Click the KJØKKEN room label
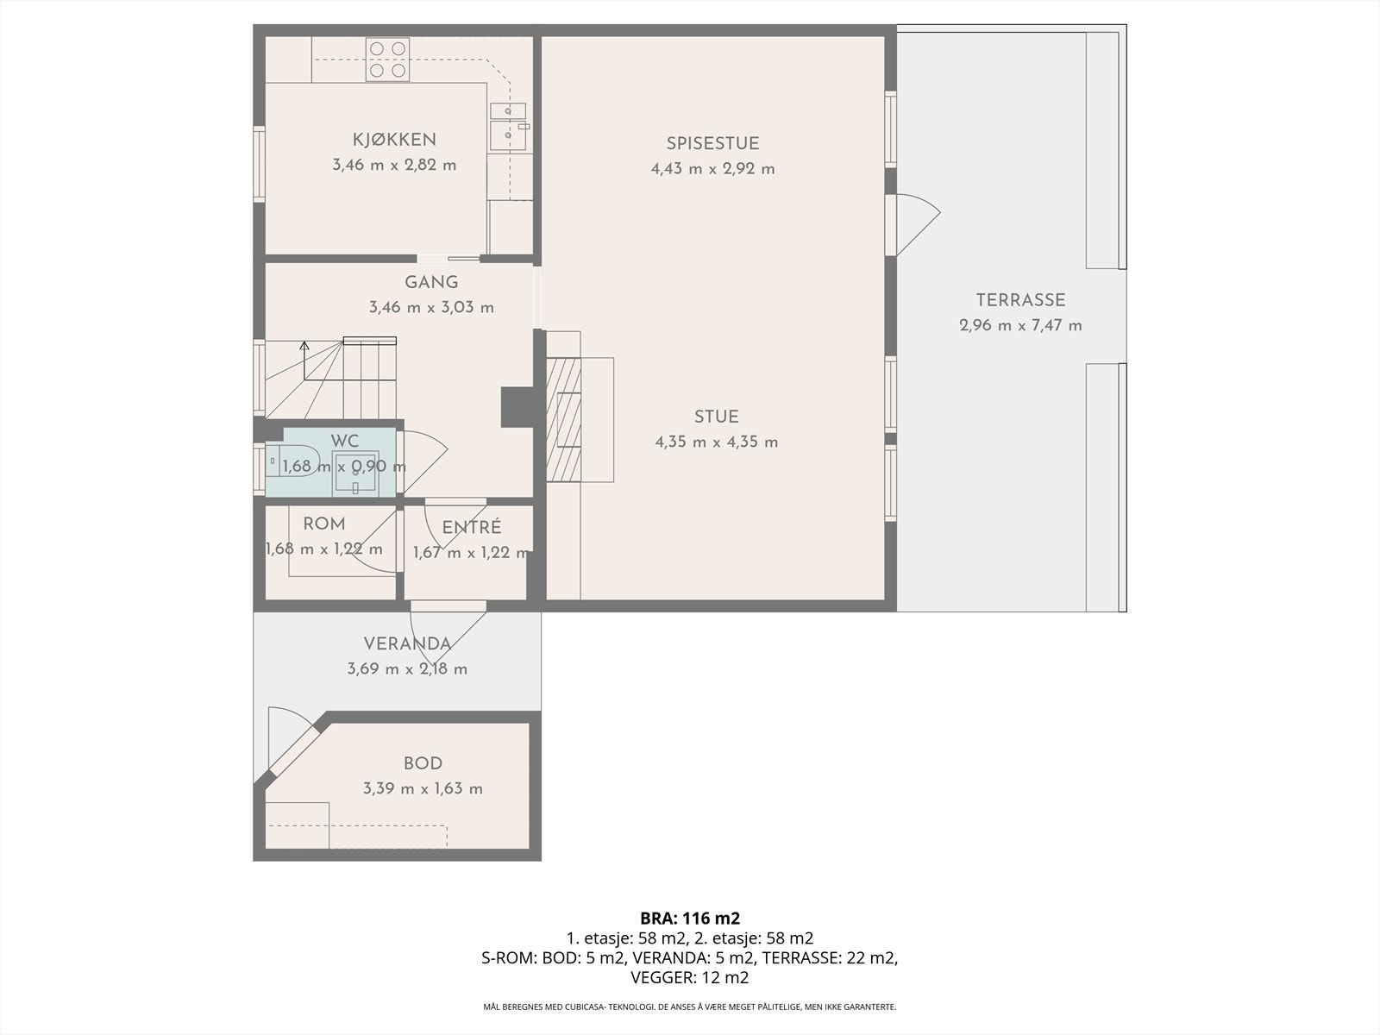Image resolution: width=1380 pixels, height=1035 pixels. tap(394, 139)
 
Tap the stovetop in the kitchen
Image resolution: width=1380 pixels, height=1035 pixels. tap(387, 60)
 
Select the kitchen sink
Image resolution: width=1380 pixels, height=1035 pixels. tap(509, 127)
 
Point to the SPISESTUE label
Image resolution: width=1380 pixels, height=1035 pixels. tap(713, 143)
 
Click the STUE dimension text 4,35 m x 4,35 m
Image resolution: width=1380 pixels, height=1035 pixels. tap(717, 442)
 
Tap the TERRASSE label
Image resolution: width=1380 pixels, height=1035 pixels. tap(1020, 300)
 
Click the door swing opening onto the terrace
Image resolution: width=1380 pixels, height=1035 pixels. tap(918, 224)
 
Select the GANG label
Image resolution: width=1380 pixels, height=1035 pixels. tap(431, 282)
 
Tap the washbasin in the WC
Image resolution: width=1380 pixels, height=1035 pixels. tap(355, 472)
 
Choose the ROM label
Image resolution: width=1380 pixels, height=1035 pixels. tap(323, 524)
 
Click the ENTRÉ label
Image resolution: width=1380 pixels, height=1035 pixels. tap(472, 527)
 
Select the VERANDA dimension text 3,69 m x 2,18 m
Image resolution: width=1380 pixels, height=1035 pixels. tap(407, 668)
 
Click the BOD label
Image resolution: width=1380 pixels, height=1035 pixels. tap(423, 763)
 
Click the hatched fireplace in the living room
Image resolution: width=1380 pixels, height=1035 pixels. tap(564, 419)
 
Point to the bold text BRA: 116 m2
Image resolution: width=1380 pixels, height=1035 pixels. tap(690, 918)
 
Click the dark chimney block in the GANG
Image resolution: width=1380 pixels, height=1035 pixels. tap(517, 407)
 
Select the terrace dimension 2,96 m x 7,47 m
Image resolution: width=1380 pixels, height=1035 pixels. tap(1020, 325)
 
